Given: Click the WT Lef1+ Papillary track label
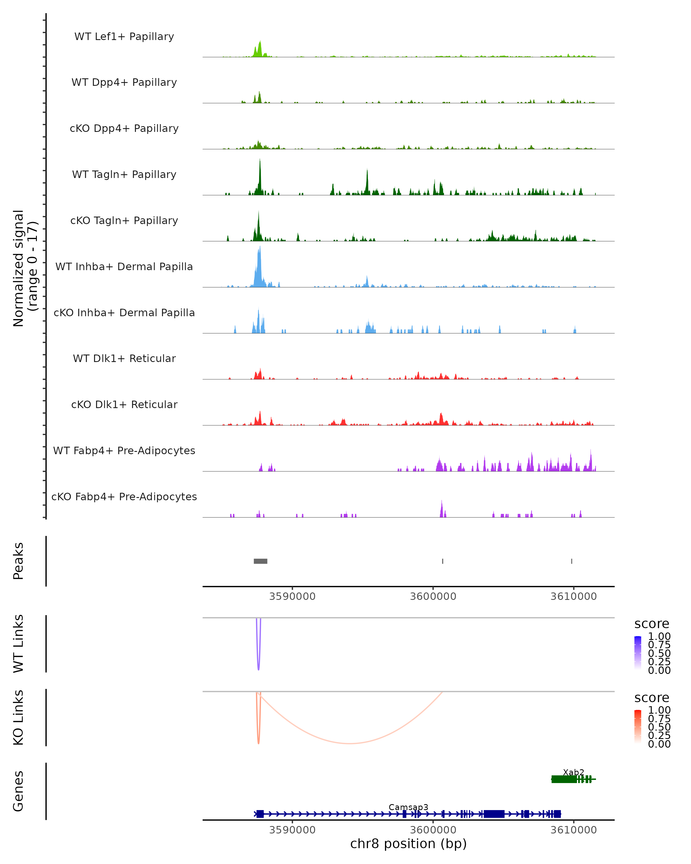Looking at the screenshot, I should [124, 37].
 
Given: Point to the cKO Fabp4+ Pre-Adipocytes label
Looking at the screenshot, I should [124, 497].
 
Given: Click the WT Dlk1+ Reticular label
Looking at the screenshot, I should [124, 358].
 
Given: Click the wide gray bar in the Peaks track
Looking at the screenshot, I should [260, 561].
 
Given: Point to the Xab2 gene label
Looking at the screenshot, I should [573, 772].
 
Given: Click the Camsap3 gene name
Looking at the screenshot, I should [408, 807].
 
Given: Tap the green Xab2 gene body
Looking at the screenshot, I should [564, 779].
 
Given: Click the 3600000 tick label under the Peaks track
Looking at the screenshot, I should [433, 596].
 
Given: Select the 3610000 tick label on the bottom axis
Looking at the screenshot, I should [573, 830].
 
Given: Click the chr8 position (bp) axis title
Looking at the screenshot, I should [408, 844].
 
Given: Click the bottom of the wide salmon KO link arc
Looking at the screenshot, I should [350, 743].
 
